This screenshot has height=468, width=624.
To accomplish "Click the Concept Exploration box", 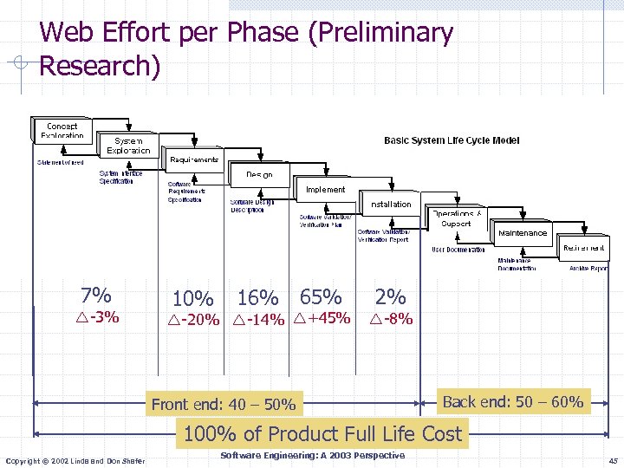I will tap(62, 130).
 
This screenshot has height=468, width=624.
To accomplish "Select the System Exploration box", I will tap(128, 146).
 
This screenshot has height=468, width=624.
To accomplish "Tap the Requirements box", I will tap(194, 159).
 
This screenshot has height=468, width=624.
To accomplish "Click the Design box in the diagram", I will tap(259, 174).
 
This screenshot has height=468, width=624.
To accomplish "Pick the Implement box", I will tap(325, 189).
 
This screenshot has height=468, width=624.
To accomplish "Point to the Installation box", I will tap(391, 204).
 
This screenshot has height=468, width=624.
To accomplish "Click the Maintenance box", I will tap(523, 232).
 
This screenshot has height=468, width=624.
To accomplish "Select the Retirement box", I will tap(583, 248).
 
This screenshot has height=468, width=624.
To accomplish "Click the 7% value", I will tap(94, 295).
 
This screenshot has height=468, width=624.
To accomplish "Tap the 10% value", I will tap(192, 298).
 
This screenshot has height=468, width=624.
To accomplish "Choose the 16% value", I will tap(257, 298).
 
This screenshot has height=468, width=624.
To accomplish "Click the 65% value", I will tap(321, 296).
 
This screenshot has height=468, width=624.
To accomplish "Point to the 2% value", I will tap(390, 296).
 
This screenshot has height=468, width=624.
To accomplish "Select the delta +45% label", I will tap(322, 318).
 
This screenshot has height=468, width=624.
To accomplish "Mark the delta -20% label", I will tap(193, 320).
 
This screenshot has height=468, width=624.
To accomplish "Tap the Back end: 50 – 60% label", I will tap(512, 402).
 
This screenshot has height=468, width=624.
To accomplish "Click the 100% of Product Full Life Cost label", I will tap(322, 433).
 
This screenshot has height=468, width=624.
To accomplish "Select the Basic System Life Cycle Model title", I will tap(452, 140).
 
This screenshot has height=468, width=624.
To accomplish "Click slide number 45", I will tap(613, 460).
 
